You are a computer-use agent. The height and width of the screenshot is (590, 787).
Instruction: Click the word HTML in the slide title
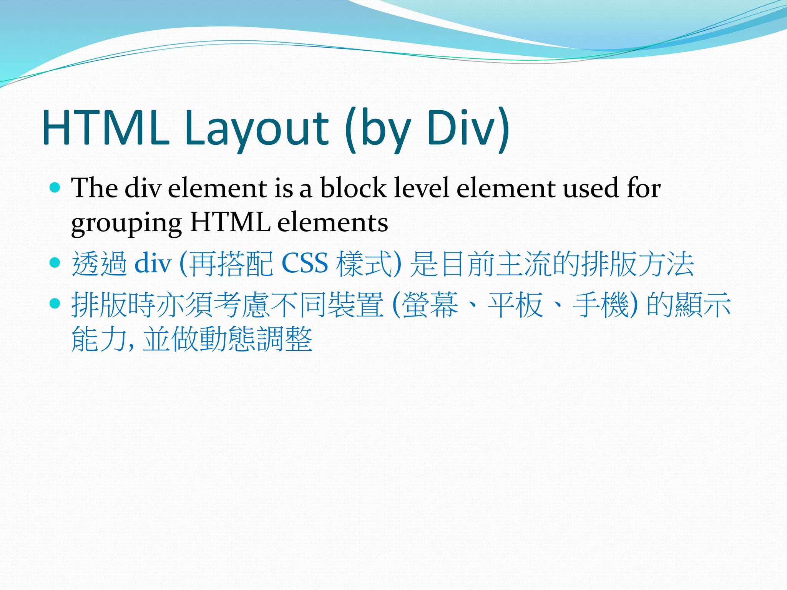tap(106, 128)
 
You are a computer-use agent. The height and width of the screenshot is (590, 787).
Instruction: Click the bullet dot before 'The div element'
tap(55, 187)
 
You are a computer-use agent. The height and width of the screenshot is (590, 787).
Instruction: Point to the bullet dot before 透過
tap(55, 263)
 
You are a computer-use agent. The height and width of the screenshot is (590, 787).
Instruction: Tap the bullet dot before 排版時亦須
tap(55, 303)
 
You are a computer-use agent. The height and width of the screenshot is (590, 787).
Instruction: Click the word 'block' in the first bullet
tap(353, 188)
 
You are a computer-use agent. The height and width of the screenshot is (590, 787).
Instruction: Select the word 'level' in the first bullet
tap(422, 188)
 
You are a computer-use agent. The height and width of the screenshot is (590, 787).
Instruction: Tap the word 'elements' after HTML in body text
tap(332, 223)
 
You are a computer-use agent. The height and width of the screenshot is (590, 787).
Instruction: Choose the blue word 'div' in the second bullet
tap(153, 264)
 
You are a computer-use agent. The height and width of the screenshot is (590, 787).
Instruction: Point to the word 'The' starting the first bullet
tap(95, 188)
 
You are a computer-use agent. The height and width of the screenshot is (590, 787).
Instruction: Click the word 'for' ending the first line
tap(644, 188)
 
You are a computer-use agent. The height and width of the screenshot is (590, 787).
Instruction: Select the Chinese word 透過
tap(100, 264)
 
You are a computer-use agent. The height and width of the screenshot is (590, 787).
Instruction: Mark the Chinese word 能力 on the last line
tap(100, 339)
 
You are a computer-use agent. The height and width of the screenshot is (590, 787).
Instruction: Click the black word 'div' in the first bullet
tap(143, 188)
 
